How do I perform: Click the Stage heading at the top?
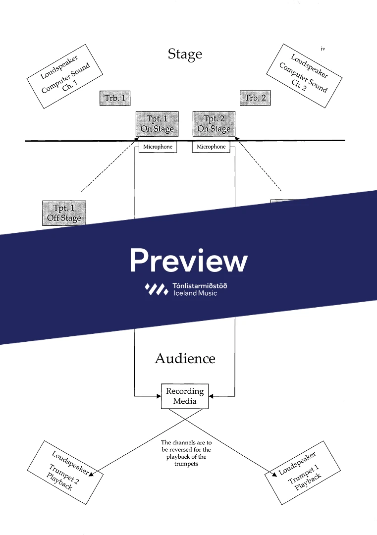(185, 54)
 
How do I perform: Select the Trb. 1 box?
(114, 98)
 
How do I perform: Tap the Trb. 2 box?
(255, 98)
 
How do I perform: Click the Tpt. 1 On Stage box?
(157, 124)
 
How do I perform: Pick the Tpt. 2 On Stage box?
(214, 124)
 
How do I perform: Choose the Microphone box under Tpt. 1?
(158, 147)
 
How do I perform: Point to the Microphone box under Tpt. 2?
(211, 147)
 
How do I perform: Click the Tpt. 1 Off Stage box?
(64, 213)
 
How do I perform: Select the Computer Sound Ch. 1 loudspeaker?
(65, 76)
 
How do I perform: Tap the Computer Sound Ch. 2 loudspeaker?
(304, 76)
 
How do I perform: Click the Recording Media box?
(185, 396)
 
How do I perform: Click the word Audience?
(185, 358)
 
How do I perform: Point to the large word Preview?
(188, 260)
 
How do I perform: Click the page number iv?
(323, 49)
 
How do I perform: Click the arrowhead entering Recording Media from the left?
(159, 396)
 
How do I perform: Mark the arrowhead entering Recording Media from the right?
(211, 396)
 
